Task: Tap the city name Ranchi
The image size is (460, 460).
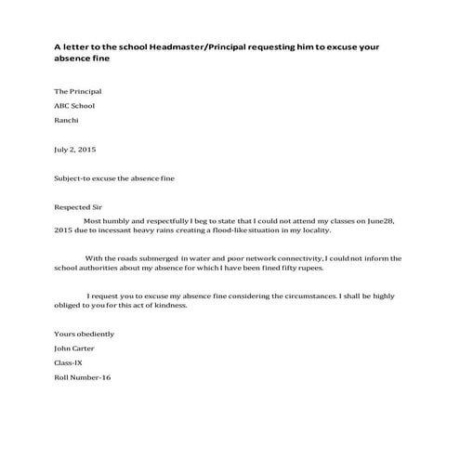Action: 67,120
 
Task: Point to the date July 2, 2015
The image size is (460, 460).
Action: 75,149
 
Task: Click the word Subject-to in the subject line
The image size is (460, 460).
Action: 72,177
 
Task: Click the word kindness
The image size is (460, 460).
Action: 169,308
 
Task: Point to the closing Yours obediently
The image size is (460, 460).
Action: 85,333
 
